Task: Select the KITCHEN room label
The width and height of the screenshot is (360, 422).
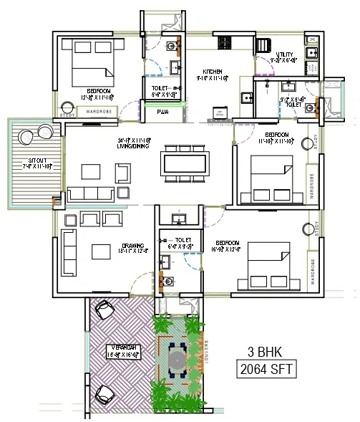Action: coord(213,72)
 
